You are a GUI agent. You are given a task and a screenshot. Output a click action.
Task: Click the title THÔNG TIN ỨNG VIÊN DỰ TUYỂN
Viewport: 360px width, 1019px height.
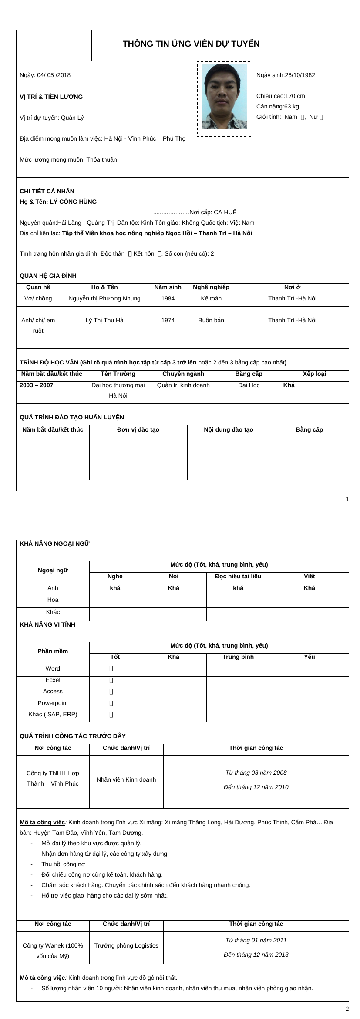click(191, 44)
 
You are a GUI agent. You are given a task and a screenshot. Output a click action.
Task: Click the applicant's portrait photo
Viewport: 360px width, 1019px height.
click(224, 96)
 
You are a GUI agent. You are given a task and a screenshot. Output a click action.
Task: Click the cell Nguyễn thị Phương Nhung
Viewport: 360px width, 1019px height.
click(104, 299)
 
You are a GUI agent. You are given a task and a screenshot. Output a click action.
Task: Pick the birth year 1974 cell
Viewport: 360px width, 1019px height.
click(168, 321)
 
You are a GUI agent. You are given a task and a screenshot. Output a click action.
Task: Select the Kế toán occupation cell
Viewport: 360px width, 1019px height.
click(211, 299)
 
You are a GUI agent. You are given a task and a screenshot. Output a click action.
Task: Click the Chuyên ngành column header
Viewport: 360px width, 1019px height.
click(183, 374)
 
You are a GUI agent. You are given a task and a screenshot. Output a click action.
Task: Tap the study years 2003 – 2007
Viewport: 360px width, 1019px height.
click(37, 385)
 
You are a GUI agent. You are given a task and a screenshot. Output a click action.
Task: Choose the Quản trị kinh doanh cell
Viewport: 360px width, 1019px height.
click(183, 385)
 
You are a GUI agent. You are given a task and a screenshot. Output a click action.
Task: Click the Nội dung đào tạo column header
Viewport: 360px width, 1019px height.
click(229, 430)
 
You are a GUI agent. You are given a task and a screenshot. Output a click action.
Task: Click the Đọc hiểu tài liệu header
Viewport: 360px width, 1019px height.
click(238, 577)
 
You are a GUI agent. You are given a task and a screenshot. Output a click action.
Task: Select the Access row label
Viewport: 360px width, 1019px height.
click(53, 692)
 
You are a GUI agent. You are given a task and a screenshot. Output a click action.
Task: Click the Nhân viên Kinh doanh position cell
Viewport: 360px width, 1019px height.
click(126, 780)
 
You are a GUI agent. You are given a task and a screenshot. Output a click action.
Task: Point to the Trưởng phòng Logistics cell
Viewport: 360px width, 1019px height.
click(126, 946)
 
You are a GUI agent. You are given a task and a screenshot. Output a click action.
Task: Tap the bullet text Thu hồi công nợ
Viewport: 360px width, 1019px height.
click(63, 864)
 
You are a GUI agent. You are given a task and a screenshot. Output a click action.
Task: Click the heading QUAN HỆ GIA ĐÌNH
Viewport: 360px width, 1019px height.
click(48, 276)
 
